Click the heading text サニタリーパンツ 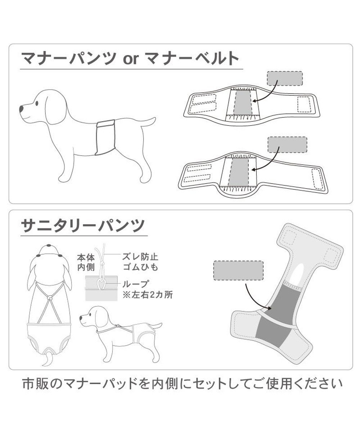click(x=83, y=226)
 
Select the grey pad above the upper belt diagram click(x=284, y=78)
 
